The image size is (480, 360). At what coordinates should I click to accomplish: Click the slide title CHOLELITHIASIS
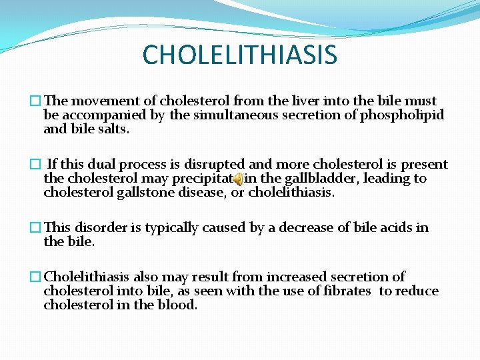[x=240, y=55]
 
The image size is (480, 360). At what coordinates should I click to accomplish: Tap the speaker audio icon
[x=238, y=179]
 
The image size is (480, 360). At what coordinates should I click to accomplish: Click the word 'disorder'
[x=99, y=228]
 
